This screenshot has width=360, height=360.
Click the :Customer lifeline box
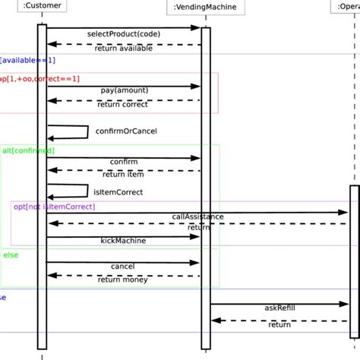click(x=42, y=8)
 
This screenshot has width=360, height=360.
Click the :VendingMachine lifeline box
click(x=205, y=8)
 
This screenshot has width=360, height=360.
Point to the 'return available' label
click(x=124, y=49)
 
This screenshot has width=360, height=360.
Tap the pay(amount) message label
click(x=125, y=90)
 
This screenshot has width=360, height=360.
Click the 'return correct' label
click(x=124, y=105)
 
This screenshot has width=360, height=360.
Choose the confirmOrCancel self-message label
click(x=126, y=131)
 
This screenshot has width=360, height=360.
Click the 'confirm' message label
click(x=124, y=162)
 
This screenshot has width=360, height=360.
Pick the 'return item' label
click(x=124, y=175)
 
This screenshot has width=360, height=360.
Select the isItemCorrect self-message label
click(x=118, y=192)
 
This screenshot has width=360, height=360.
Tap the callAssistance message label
click(x=198, y=216)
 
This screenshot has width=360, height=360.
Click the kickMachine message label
click(x=123, y=240)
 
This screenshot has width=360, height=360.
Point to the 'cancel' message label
click(x=123, y=267)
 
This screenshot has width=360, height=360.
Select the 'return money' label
click(x=124, y=280)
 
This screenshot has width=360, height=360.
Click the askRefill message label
click(x=279, y=308)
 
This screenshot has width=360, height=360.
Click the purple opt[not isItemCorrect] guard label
click(x=54, y=207)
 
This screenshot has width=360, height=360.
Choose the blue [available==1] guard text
click(x=27, y=59)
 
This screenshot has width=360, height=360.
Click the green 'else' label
click(x=11, y=255)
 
